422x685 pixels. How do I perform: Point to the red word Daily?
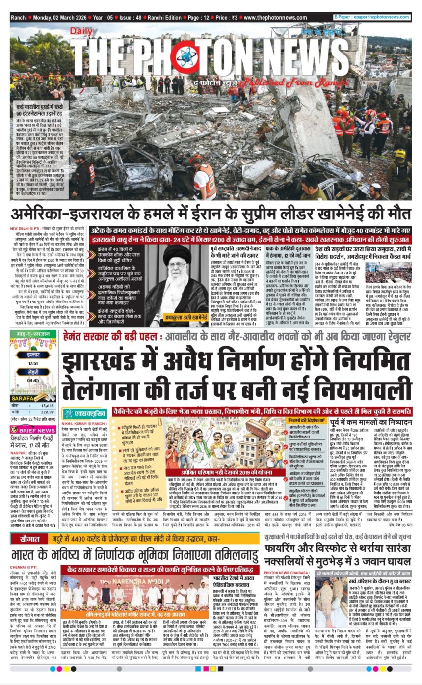point(81,31)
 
